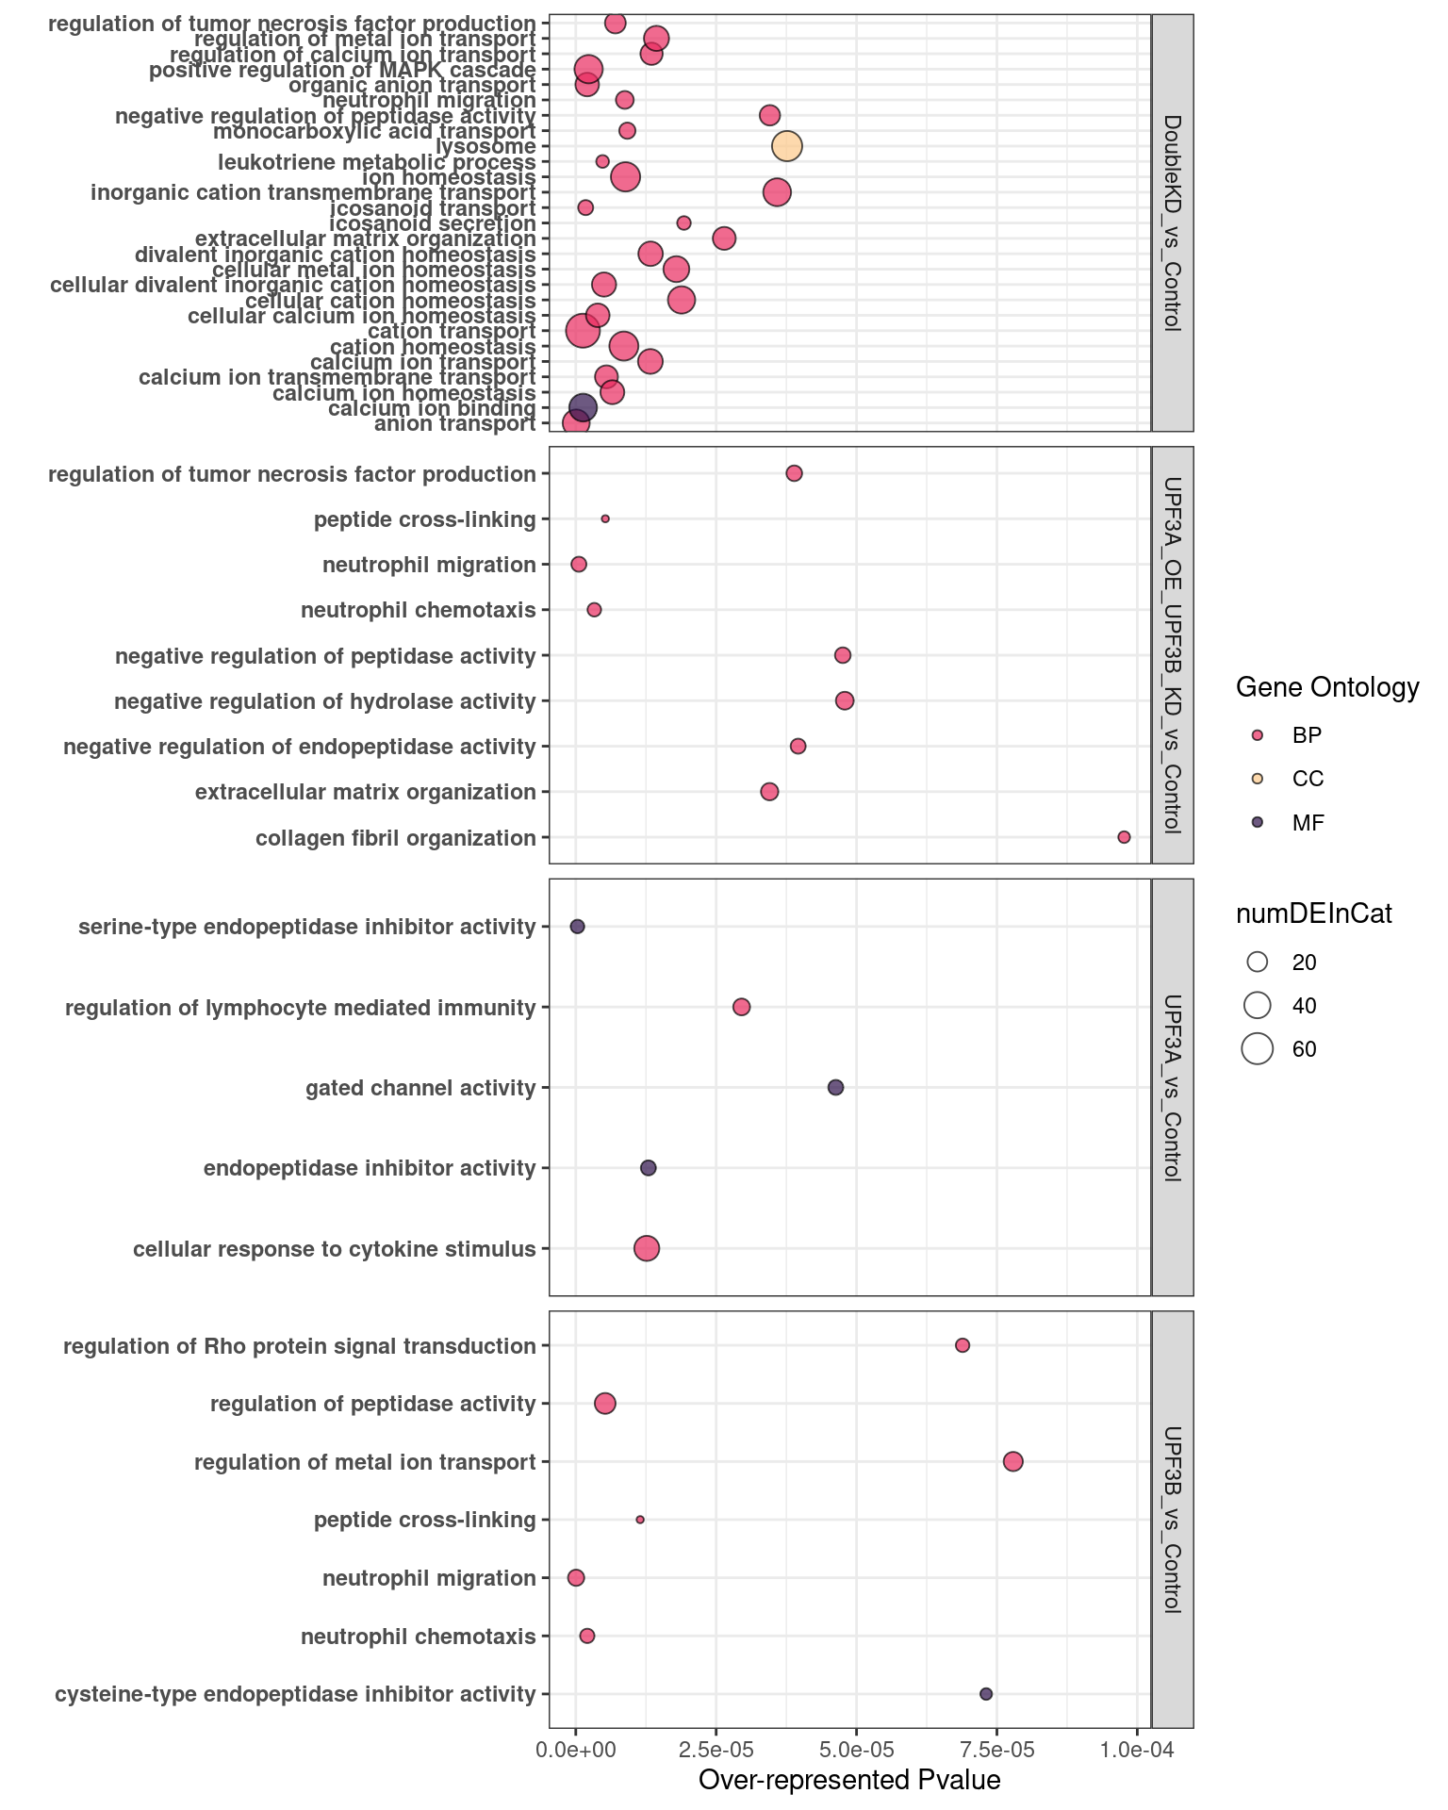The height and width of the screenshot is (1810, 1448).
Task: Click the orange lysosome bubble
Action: (x=786, y=146)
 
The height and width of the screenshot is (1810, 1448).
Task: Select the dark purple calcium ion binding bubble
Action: (x=583, y=408)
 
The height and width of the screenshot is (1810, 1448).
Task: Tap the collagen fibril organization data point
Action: (x=1124, y=837)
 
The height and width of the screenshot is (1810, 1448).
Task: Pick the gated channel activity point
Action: (x=835, y=1088)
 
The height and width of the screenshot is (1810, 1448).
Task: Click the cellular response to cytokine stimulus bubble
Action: (x=647, y=1249)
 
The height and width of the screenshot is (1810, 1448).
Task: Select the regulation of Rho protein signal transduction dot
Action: (x=963, y=1345)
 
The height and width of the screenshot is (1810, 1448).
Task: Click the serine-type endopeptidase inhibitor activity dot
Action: (x=578, y=927)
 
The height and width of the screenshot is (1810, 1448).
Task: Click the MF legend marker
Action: (x=1257, y=822)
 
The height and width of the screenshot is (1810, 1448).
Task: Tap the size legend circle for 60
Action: (x=1257, y=1049)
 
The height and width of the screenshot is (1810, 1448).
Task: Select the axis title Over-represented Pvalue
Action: (x=848, y=1781)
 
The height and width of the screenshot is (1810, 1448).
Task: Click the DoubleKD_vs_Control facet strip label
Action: (x=1173, y=222)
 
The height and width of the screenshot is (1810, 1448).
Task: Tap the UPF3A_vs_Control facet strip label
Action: (x=1173, y=1087)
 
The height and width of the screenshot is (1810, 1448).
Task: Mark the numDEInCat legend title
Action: (x=1314, y=913)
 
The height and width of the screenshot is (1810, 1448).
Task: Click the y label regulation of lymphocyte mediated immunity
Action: (x=300, y=1008)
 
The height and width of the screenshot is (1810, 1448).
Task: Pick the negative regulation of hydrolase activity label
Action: (x=324, y=701)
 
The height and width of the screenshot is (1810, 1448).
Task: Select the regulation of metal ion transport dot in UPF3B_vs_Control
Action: (x=1013, y=1462)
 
